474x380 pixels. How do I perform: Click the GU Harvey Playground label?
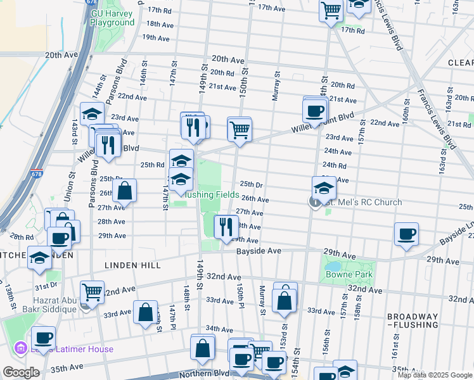pos(112,17)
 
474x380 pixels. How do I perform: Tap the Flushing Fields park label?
pos(212,195)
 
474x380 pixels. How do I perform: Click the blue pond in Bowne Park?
pos(334,267)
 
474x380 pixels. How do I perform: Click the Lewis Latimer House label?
pos(72,349)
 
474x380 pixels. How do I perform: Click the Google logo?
pos(20,372)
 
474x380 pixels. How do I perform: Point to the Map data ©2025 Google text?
pos(435,375)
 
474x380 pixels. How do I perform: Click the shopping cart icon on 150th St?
pos(240,129)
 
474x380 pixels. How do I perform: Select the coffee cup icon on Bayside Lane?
pos(406,234)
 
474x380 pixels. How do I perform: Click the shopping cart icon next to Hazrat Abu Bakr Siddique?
pos(93,292)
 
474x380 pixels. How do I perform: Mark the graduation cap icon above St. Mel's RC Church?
pos(324,187)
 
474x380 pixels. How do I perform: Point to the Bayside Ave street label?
pos(259,251)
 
